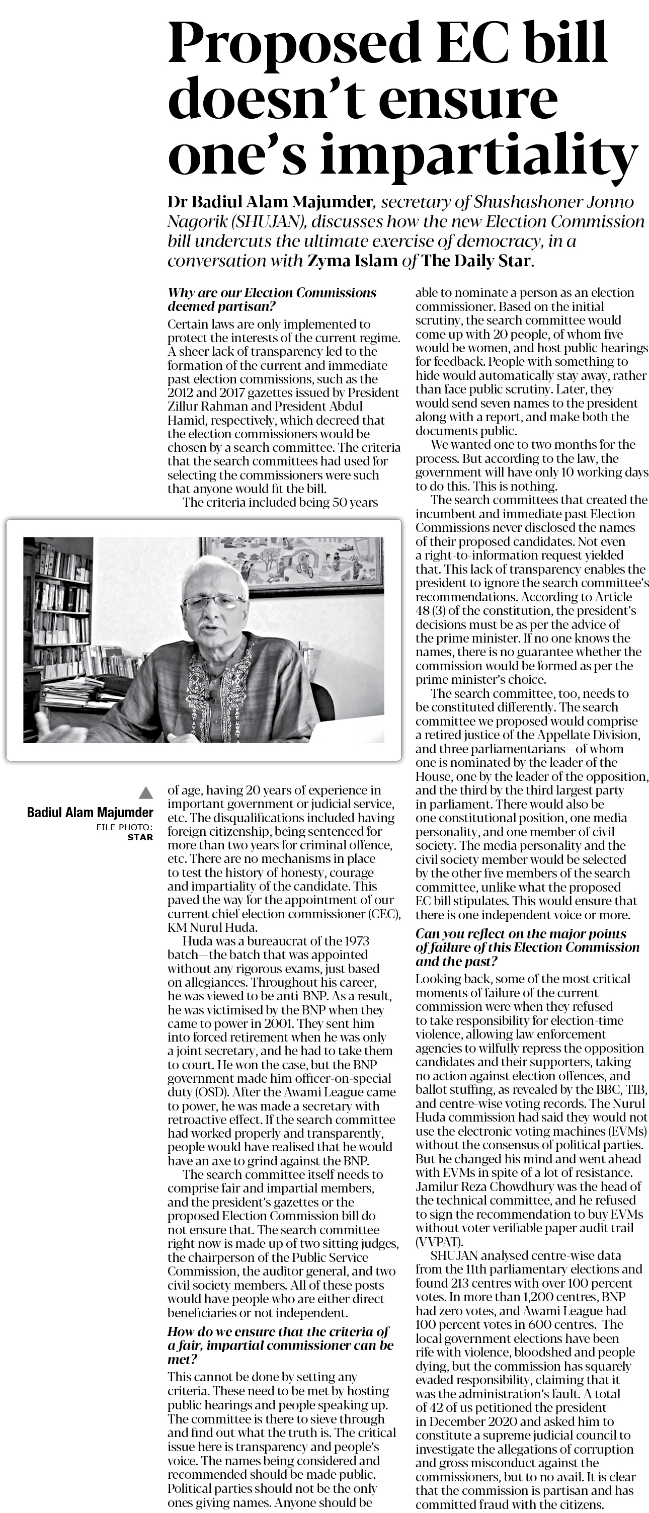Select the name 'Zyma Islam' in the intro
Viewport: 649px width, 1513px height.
352,260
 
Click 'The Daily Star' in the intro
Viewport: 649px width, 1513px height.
476,260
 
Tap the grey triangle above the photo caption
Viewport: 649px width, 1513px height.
146,793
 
